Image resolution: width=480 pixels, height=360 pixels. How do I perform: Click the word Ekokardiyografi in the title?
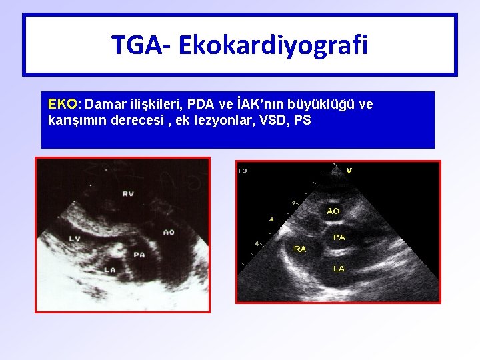pos(273,45)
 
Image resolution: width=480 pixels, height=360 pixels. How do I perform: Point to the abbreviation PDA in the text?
pos(201,105)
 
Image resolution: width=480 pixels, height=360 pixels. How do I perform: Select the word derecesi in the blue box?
pos(131,121)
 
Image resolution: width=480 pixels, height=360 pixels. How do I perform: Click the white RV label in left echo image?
pos(128,195)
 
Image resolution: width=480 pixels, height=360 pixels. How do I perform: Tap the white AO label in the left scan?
pos(169,232)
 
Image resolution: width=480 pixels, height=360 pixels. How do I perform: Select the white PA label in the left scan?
pos(139,255)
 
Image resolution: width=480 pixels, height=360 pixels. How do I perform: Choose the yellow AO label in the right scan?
pos(333,211)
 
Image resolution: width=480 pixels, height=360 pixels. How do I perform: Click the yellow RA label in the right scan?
pos(300,249)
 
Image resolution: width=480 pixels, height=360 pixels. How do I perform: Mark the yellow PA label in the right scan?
pos(339,237)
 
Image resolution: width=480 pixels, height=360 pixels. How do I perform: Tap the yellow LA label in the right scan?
pos(339,269)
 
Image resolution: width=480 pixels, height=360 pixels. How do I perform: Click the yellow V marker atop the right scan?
pos(349,171)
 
